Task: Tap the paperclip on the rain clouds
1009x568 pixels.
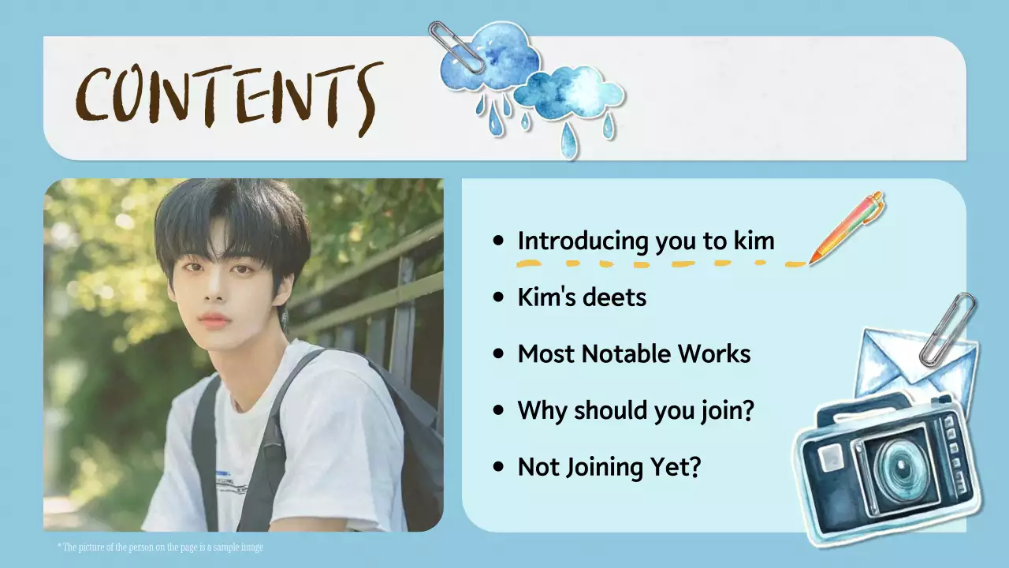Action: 456,47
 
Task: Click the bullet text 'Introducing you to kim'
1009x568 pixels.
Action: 646,241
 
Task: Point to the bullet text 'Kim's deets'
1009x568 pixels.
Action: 582,297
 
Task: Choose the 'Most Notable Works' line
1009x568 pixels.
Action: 634,354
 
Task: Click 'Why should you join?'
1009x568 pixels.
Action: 635,410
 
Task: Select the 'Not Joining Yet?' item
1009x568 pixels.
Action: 609,467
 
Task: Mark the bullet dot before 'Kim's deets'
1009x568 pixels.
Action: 497,297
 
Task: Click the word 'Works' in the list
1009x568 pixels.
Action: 717,354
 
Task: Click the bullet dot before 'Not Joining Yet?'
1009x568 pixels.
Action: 497,467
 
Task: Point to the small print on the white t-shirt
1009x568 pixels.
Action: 233,481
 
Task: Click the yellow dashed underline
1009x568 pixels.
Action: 662,263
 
